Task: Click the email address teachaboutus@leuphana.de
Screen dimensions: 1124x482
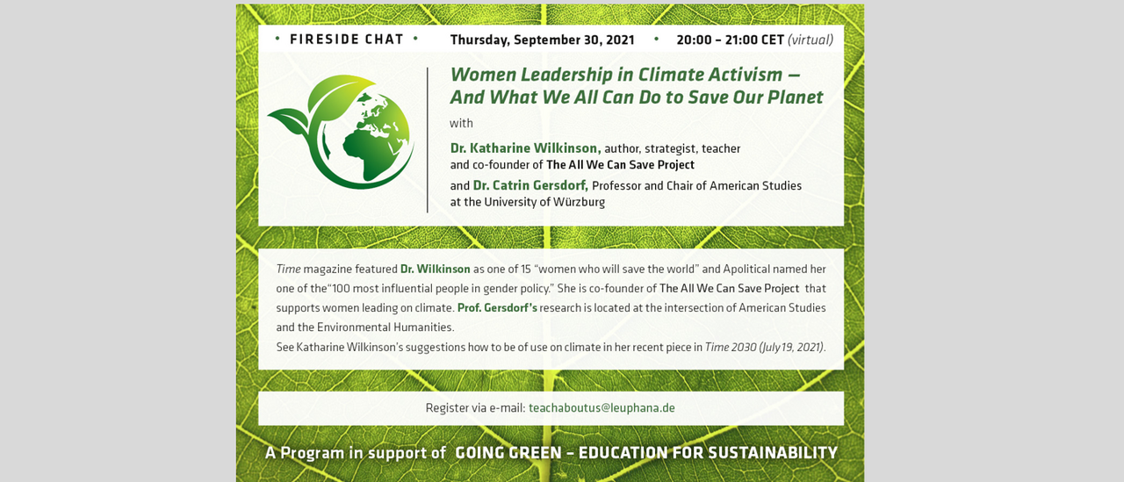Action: [602, 407]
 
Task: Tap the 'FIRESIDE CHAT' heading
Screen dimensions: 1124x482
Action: [347, 40]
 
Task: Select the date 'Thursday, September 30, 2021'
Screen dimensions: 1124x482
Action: [542, 40]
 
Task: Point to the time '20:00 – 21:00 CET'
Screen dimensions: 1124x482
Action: [730, 40]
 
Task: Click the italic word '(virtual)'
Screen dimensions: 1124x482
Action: [811, 40]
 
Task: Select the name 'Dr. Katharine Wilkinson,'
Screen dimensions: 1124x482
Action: [525, 148]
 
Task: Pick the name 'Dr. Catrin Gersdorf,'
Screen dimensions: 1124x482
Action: [530, 185]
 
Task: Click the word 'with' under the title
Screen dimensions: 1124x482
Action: [461, 124]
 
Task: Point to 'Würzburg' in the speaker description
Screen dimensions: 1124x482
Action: [579, 202]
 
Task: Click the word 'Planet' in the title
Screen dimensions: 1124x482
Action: [796, 97]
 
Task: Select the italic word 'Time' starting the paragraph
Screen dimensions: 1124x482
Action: [289, 270]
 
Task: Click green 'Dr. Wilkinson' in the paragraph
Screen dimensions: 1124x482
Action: [435, 270]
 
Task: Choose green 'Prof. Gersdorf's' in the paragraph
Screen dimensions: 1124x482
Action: [497, 308]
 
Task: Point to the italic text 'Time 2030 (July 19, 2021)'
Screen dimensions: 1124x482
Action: [764, 347]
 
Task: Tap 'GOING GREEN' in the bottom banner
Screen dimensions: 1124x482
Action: [508, 453]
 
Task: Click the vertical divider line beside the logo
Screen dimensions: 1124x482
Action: [428, 140]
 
